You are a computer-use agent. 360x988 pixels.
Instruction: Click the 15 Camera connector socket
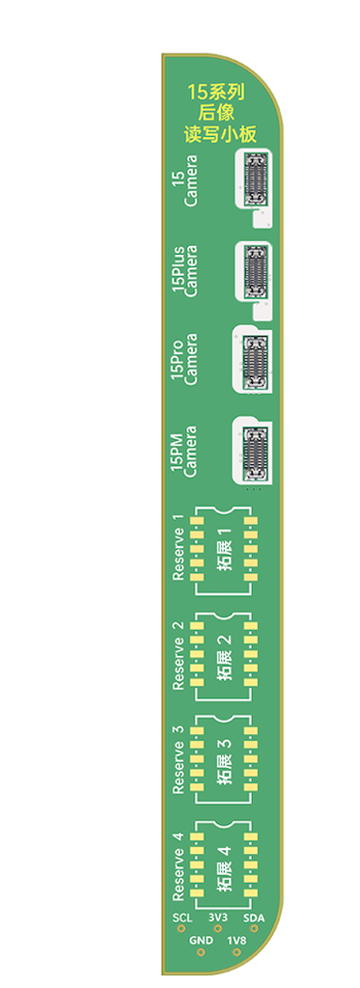pyautogui.click(x=255, y=178)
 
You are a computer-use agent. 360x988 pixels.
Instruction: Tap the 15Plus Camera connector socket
pyautogui.click(x=255, y=270)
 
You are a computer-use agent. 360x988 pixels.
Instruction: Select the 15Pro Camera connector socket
pyautogui.click(x=255, y=361)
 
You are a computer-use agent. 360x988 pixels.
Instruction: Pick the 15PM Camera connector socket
pyautogui.click(x=255, y=453)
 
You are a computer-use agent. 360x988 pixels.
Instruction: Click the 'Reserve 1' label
pyautogui.click(x=179, y=547)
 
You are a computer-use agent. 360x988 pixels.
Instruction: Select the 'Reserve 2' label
pyautogui.click(x=179, y=655)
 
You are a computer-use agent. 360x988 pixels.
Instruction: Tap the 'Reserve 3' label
pyautogui.click(x=179, y=759)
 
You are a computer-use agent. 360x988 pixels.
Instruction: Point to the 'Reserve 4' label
pyautogui.click(x=179, y=866)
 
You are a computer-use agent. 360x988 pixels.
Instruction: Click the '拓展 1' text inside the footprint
pyautogui.click(x=225, y=548)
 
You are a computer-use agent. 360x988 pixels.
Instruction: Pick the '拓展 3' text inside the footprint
pyautogui.click(x=225, y=760)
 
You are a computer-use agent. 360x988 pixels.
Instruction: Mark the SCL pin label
pyautogui.click(x=181, y=918)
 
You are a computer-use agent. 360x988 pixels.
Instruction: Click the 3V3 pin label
pyautogui.click(x=217, y=918)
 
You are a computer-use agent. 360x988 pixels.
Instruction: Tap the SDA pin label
pyautogui.click(x=254, y=918)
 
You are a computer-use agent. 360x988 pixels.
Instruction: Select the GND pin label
pyautogui.click(x=201, y=940)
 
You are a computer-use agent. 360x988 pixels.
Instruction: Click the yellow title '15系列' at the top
pyautogui.click(x=218, y=93)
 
